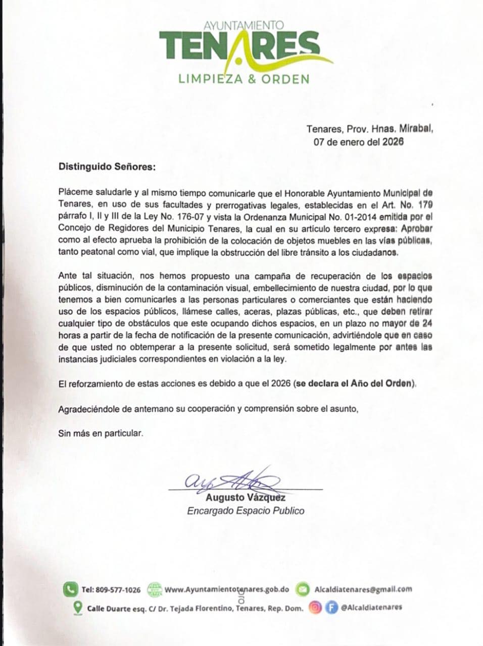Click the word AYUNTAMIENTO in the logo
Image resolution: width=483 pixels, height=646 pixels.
pyautogui.click(x=244, y=25)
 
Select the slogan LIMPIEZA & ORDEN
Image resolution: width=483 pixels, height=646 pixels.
pyautogui.click(x=244, y=79)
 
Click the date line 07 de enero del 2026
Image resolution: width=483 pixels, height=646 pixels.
pyautogui.click(x=358, y=142)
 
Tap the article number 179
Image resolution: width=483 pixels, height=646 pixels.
pyautogui.click(x=424, y=205)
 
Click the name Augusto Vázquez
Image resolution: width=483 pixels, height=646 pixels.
pyautogui.click(x=245, y=498)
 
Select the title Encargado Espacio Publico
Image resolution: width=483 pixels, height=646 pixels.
pyautogui.click(x=246, y=511)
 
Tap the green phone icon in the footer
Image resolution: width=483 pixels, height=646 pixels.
pyautogui.click(x=69, y=589)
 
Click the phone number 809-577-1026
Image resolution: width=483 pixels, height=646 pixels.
pyautogui.click(x=118, y=589)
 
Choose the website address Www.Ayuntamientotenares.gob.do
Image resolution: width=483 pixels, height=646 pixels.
pyautogui.click(x=227, y=589)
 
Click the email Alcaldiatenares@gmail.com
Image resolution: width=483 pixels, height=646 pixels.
pyautogui.click(x=363, y=589)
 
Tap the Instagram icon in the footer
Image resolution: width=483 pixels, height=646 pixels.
pyautogui.click(x=315, y=607)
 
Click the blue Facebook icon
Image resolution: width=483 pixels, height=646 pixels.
pyautogui.click(x=331, y=607)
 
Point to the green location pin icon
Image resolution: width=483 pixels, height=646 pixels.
pyautogui.click(x=78, y=607)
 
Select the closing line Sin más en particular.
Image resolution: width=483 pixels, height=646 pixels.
pyautogui.click(x=101, y=433)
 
